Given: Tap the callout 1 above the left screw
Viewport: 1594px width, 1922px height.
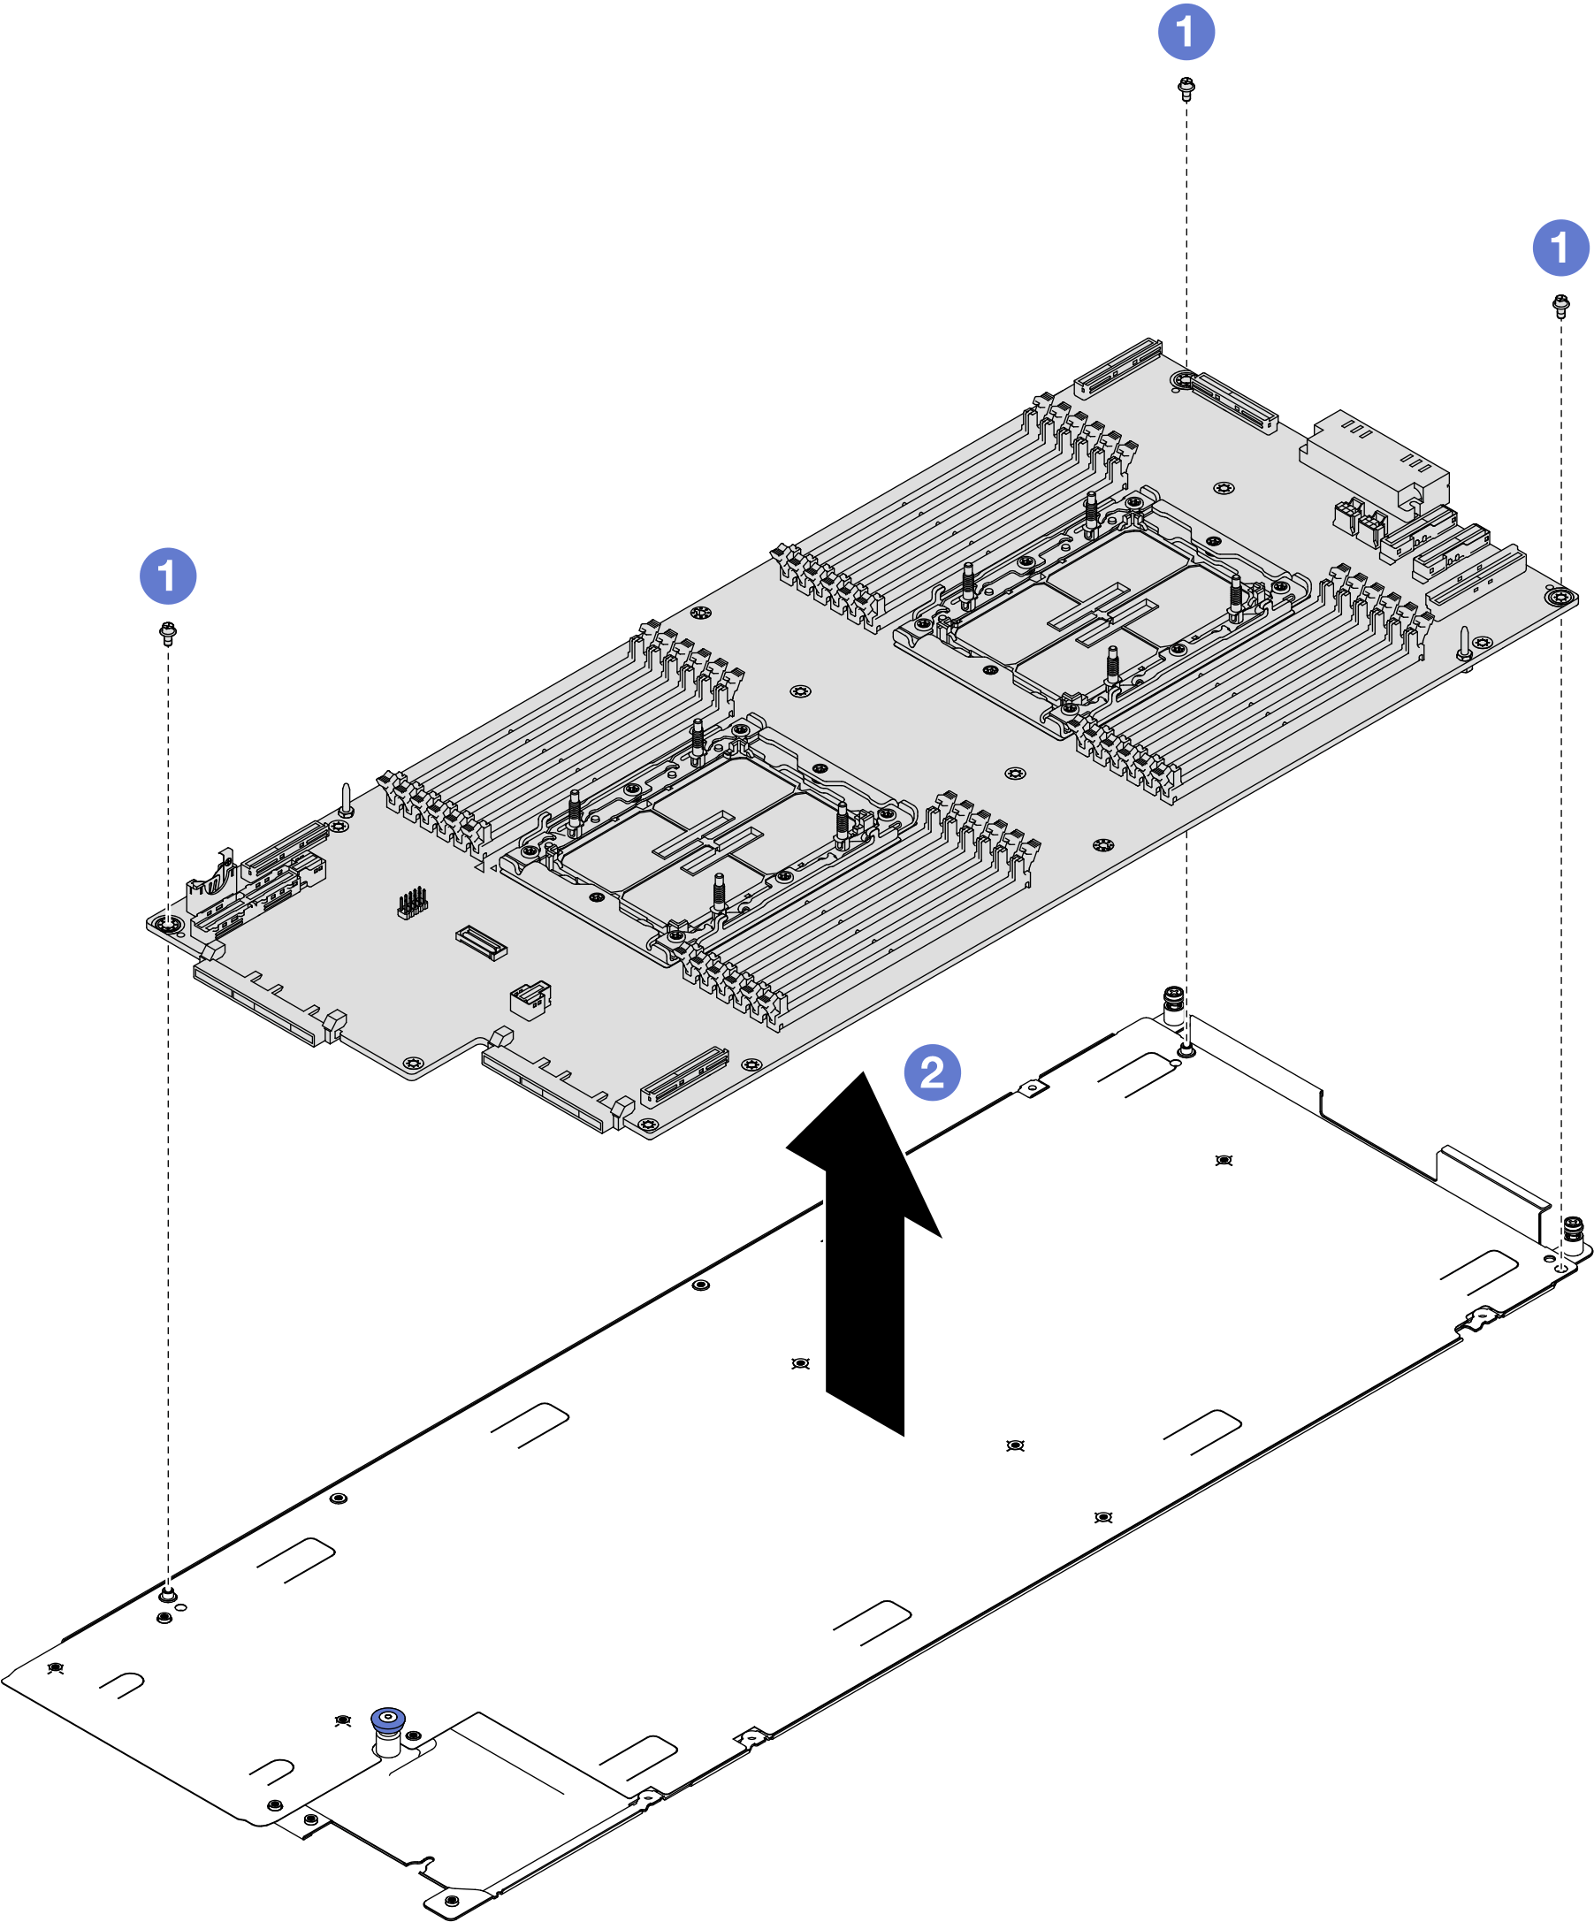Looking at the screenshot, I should tap(167, 576).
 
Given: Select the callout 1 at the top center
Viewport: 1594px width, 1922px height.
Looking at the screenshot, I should tap(1186, 32).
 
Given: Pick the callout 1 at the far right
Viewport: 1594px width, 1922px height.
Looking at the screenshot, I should tap(1560, 248).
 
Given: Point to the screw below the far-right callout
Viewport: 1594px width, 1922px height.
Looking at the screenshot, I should tap(1561, 305).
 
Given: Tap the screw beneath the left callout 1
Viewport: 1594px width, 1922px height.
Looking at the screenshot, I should tap(167, 632).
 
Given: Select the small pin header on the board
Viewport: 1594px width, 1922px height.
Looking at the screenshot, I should tap(413, 903).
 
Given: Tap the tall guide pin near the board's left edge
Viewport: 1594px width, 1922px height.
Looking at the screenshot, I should tap(346, 798).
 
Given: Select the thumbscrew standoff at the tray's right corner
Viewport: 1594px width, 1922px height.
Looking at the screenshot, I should tap(1572, 1236).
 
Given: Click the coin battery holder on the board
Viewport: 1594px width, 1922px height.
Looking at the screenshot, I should tap(212, 880).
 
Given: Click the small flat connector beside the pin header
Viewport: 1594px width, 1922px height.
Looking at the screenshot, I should tap(481, 942).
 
